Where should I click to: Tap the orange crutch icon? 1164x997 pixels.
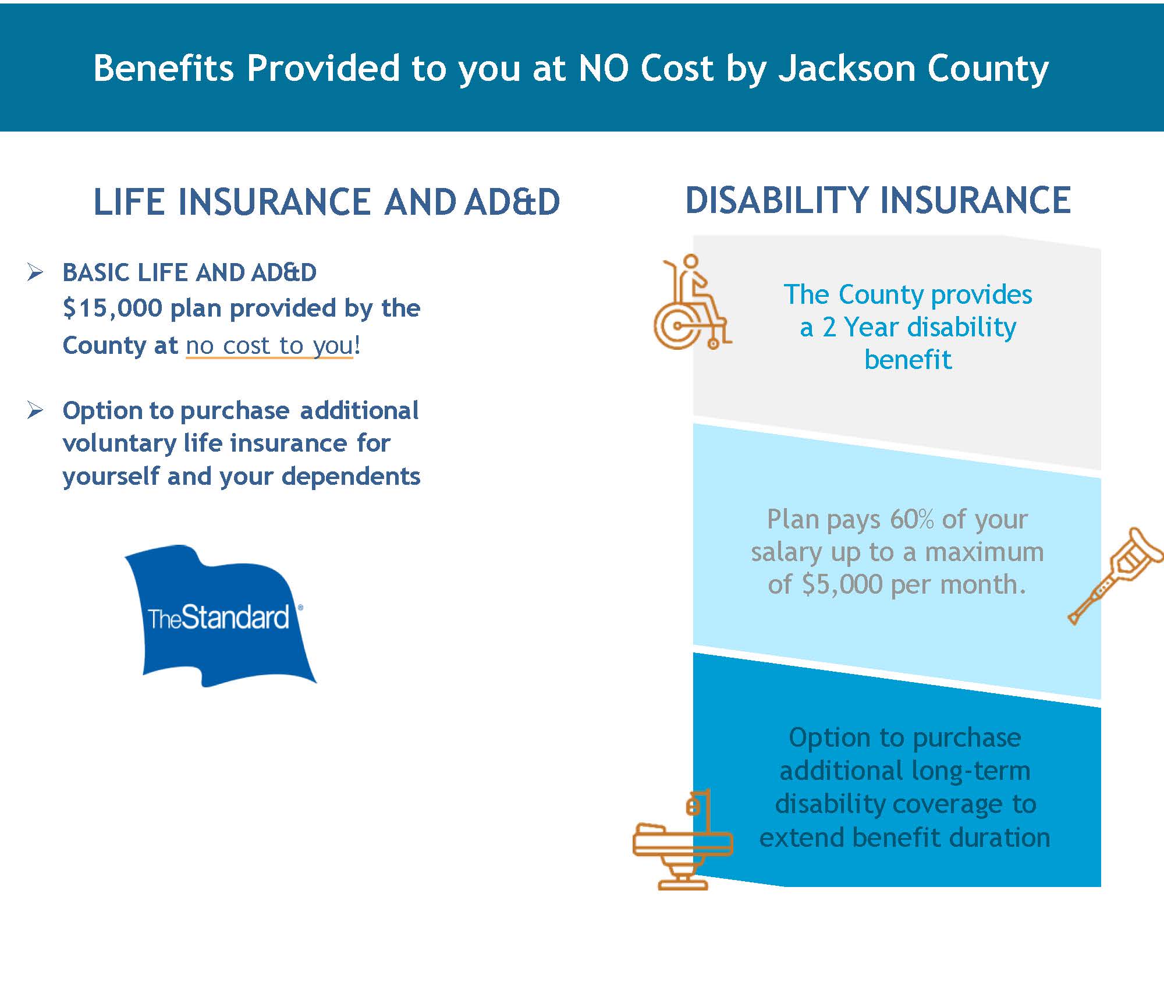1115,576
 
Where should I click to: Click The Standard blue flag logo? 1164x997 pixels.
220,616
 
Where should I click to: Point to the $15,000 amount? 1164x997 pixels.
112,308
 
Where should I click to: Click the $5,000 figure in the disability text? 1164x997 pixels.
842,584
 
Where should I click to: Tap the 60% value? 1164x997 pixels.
911,519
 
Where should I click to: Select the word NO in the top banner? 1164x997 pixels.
604,69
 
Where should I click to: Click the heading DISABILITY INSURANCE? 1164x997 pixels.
878,201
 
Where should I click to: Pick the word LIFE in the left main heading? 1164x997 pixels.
130,202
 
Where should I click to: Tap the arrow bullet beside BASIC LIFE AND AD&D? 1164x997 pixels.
35,272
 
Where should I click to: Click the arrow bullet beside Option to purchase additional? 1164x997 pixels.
35,410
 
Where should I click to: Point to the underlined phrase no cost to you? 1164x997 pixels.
269,346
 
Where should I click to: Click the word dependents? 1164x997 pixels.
351,477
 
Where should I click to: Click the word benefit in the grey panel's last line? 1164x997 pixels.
908,360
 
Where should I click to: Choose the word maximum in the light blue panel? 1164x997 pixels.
985,552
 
